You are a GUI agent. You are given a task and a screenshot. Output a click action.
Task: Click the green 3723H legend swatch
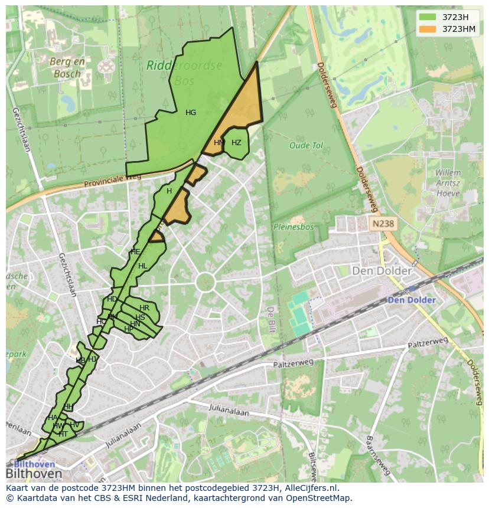point(427,17)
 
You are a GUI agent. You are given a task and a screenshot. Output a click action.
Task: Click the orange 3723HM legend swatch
point(427,29)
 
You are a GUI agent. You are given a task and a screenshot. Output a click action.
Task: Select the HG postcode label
point(191,113)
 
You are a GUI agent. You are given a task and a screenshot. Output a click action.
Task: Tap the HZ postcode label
point(236,143)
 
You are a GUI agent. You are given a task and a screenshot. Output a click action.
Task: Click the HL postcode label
point(142,266)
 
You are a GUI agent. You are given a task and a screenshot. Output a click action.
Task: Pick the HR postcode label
point(144,308)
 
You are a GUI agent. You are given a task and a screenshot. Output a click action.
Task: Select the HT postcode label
point(63,434)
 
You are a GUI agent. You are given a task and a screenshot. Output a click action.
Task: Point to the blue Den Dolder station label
point(412,300)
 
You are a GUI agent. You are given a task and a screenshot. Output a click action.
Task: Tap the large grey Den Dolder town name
point(382,271)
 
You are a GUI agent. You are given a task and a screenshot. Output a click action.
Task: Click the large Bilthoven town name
point(34,474)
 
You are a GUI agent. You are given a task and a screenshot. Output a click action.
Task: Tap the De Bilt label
point(271,319)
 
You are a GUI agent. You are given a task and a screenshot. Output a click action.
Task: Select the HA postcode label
point(53,418)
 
